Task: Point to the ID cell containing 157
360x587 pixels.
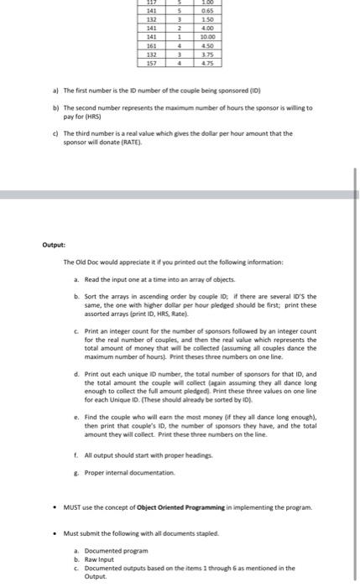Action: point(153,62)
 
